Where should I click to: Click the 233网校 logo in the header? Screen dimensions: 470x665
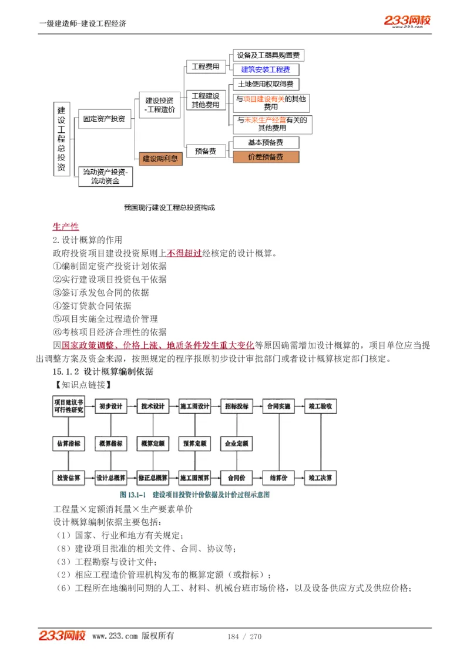(x=408, y=21)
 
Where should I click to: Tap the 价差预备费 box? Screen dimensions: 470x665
(x=266, y=157)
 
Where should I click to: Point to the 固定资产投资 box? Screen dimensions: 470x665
(x=104, y=119)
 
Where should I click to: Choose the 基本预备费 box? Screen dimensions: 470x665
(x=266, y=142)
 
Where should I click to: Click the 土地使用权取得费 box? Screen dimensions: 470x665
(x=266, y=84)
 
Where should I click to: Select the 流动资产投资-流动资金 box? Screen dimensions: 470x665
(x=105, y=176)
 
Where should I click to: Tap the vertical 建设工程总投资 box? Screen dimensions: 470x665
(x=62, y=139)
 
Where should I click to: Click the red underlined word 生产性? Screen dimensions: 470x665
(x=66, y=227)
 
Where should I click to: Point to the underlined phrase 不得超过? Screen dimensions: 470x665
(x=184, y=254)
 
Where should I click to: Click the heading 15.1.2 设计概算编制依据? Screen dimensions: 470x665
(x=103, y=372)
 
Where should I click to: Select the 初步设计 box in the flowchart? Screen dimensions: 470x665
(x=110, y=407)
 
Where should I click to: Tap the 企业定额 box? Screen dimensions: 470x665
(x=237, y=444)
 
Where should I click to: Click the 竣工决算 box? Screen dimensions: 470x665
(x=320, y=478)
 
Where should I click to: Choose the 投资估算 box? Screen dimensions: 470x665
(x=68, y=478)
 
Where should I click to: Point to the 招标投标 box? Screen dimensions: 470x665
(x=237, y=407)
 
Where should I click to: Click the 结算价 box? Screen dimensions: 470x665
(x=278, y=478)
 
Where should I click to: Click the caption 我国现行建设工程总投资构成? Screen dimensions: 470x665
(x=170, y=207)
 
